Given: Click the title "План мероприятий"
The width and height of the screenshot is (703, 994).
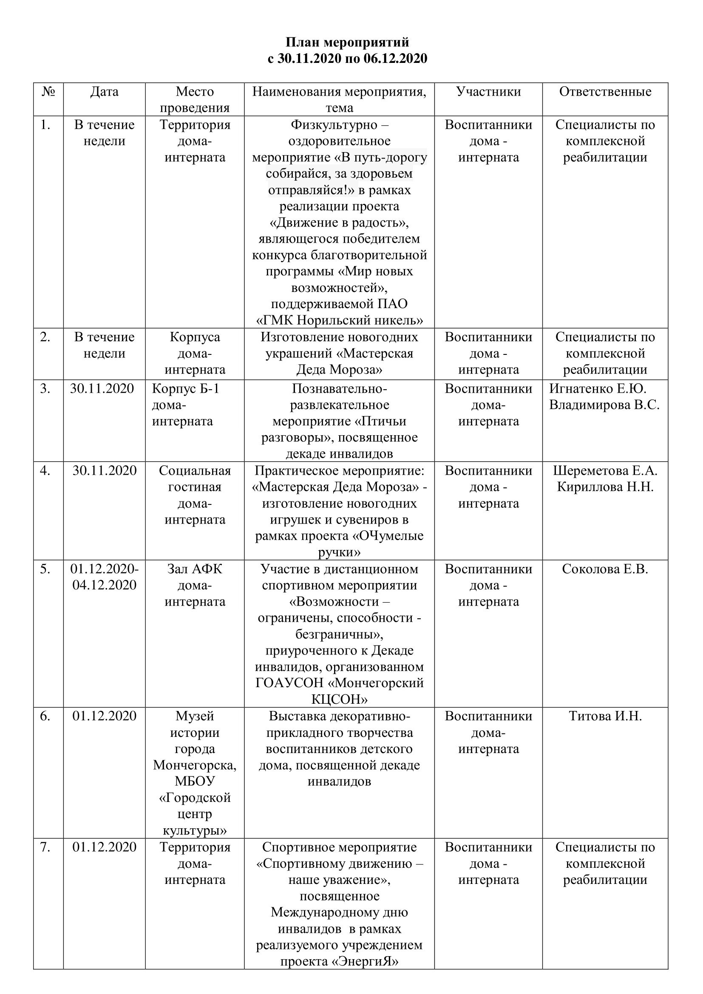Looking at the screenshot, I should (347, 42).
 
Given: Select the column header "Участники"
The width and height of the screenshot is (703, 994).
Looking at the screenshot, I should (488, 92).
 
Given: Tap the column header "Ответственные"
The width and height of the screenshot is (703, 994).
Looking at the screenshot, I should (605, 92).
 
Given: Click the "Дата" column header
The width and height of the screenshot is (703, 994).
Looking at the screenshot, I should (104, 92).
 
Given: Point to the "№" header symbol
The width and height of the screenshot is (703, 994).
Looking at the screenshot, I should (48, 92).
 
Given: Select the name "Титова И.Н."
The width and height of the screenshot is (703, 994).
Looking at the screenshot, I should (605, 716).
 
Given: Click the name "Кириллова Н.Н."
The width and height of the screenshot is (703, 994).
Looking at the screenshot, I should (605, 487).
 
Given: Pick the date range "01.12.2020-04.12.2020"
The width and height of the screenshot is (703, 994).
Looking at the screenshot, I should (104, 577).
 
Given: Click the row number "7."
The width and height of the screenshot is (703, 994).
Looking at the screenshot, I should (45, 847).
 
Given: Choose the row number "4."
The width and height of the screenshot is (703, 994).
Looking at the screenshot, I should (45, 470).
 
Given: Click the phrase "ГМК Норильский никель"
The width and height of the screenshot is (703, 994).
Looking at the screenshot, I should (340, 320).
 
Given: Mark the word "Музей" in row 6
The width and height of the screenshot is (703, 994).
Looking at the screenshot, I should (195, 716).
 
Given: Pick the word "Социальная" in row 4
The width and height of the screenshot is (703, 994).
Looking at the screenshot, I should (195, 470).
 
